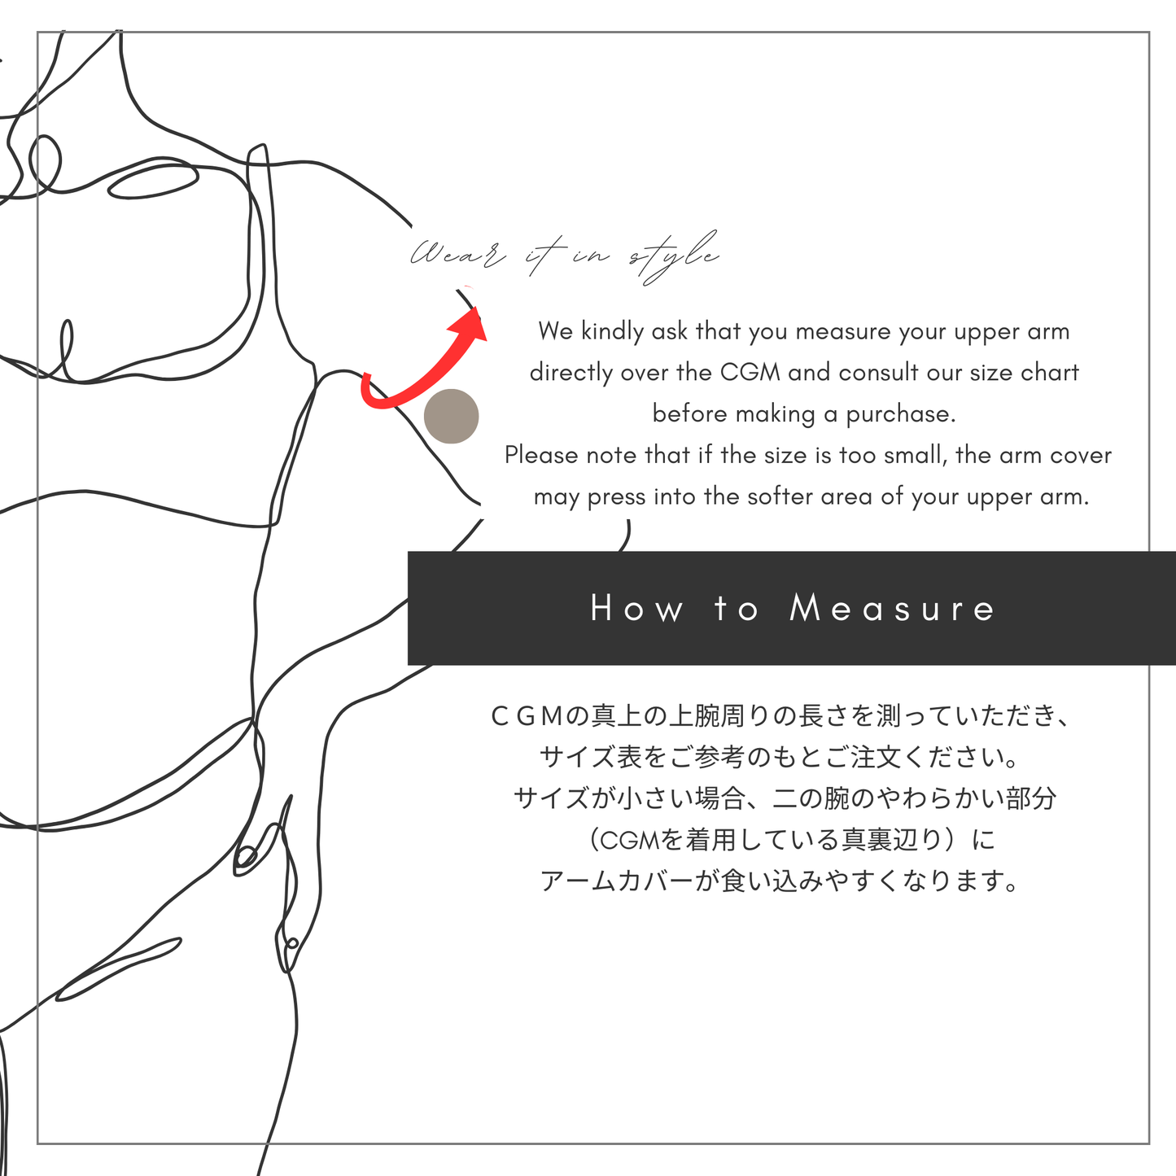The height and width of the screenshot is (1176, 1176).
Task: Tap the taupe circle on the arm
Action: click(452, 416)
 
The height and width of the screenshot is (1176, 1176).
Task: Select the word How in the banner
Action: click(637, 609)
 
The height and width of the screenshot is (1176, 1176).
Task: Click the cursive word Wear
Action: click(456, 256)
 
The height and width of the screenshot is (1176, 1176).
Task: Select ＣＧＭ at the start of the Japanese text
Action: click(527, 716)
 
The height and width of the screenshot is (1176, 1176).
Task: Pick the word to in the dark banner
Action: click(737, 609)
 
